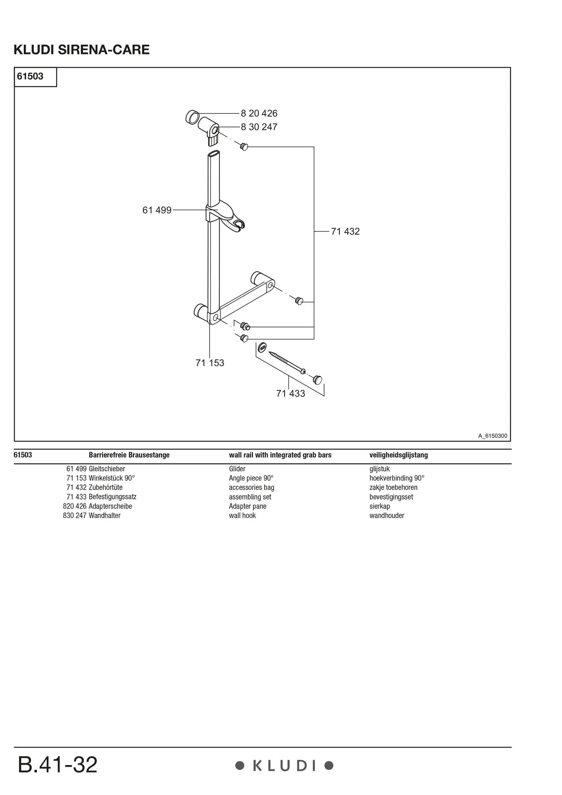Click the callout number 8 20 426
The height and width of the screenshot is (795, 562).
coord(259,113)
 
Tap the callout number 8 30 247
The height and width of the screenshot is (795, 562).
coord(259,127)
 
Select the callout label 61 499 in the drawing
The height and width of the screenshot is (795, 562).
coord(157,210)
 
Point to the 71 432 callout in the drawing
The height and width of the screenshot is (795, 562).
coord(345,231)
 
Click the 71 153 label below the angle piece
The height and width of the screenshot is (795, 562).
coord(210,363)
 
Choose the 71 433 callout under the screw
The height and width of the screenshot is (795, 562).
coord(291,394)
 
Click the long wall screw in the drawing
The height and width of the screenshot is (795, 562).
coord(287,363)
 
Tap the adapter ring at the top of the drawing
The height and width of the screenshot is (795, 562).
coord(193,117)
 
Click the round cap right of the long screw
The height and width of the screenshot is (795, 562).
coord(318,379)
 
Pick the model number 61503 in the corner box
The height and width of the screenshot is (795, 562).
coord(30,76)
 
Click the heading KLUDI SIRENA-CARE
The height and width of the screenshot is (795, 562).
coord(82,50)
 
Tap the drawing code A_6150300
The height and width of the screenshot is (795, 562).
coord(493,436)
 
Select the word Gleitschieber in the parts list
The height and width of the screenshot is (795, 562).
coord(107,469)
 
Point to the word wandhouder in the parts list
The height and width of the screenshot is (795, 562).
coord(387,516)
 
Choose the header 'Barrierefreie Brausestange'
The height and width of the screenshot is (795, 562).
coord(129,455)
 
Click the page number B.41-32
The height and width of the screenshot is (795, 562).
coord(57,765)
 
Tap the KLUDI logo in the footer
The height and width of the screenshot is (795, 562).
coord(284,766)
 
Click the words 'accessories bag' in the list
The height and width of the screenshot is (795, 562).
coord(252,488)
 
